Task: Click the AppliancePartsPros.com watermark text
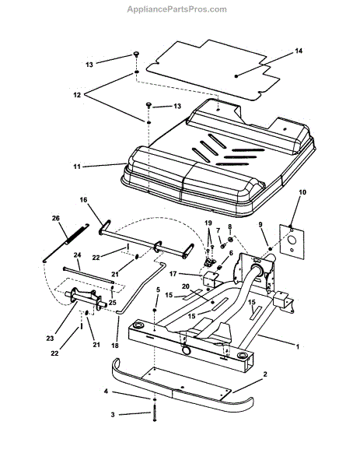[x=177, y=9]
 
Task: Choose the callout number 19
[x=208, y=223]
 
